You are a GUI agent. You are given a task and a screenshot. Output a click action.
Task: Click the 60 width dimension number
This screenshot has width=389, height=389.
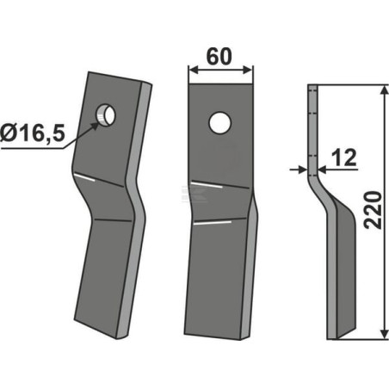tap(219, 57)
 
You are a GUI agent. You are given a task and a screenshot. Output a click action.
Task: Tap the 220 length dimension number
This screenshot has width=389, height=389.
tap(374, 211)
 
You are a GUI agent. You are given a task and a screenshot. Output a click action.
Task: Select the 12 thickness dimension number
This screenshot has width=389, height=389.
tap(343, 157)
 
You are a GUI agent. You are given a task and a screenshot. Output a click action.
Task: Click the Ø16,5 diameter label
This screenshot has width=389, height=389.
tap(33, 133)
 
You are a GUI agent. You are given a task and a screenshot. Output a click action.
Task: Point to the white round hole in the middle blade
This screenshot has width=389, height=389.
tap(220, 122)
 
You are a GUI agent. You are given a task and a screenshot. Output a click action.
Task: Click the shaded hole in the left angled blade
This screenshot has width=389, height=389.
tap(106, 114)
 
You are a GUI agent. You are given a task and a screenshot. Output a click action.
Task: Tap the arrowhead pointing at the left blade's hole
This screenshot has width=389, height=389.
tap(96, 126)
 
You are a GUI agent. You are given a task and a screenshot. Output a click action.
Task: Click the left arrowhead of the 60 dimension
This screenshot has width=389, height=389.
tap(194, 70)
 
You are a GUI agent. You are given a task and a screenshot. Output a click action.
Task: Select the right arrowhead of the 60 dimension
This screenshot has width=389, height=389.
tap(248, 70)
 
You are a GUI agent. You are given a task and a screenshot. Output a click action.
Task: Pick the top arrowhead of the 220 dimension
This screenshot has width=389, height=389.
tap(384, 90)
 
